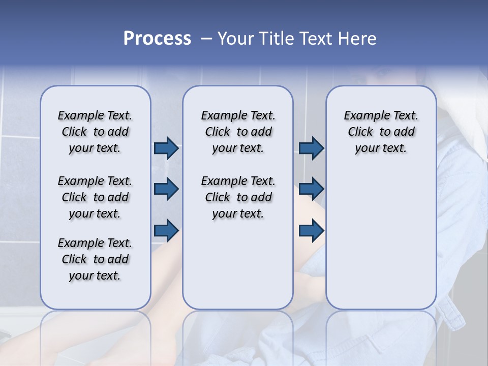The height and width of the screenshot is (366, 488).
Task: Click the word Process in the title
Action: [157, 38]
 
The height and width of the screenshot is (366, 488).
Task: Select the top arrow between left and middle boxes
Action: [166, 148]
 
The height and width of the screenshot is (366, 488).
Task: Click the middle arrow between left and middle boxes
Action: [166, 189]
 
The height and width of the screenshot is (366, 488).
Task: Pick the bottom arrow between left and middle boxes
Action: [166, 231]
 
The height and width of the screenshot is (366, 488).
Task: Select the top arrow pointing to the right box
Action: [311, 148]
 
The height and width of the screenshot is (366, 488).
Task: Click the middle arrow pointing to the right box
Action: [311, 189]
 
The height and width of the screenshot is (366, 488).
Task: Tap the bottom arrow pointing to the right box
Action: [311, 231]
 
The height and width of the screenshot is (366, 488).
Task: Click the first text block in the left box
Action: [95, 132]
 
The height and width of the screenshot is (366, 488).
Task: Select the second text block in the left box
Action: [95, 197]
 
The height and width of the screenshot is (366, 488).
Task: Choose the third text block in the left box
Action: [95, 259]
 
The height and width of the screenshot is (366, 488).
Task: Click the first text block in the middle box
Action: [238, 132]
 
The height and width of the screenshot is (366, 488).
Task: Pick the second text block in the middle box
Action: [238, 197]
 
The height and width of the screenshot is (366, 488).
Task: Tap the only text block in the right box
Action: [381, 132]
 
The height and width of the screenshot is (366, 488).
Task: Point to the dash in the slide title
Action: [206, 38]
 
